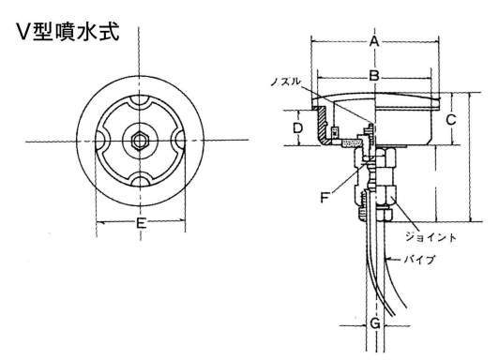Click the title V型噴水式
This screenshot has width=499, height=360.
pyautogui.click(x=68, y=32)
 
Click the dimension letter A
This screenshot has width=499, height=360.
pyautogui.click(x=374, y=41)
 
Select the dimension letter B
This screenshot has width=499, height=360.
pyautogui.click(x=374, y=76)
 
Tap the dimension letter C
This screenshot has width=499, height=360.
pyautogui.click(x=450, y=120)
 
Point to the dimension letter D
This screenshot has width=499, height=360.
pyautogui.click(x=297, y=128)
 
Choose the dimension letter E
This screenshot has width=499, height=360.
pyautogui.click(x=141, y=222)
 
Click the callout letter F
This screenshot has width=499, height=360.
pyautogui.click(x=325, y=198)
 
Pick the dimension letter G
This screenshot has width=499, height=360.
pyautogui.click(x=375, y=323)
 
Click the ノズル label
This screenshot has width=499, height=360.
pyautogui.click(x=285, y=82)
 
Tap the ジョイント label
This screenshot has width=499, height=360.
pyautogui.click(x=431, y=237)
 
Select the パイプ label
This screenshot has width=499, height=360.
pyautogui.click(x=419, y=260)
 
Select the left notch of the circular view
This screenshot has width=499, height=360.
pyautogui.click(x=102, y=141)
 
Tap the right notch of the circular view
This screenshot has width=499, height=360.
pyautogui.click(x=178, y=140)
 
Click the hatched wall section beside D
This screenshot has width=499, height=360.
pyautogui.click(x=323, y=124)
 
